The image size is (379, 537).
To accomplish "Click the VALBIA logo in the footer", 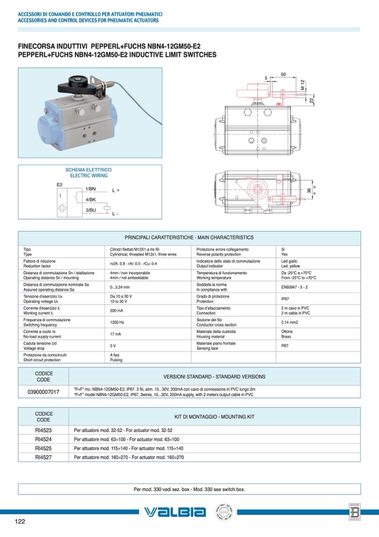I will [174, 512].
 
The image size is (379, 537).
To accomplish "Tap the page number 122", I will [20, 522].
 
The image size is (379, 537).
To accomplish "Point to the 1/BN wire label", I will [91, 189].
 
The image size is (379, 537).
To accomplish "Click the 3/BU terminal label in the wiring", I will [91, 211].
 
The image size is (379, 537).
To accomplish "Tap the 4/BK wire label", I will [91, 199].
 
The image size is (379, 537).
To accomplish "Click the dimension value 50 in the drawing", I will [283, 74].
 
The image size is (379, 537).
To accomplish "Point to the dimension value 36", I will [309, 191].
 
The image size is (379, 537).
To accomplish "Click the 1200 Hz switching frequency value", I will [117, 323].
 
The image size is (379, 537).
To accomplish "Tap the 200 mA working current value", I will [116, 310].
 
